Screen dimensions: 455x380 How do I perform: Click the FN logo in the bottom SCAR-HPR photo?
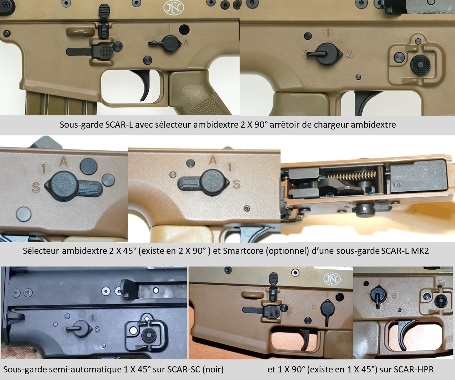[332, 279]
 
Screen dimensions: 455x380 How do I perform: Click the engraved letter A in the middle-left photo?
[63, 162]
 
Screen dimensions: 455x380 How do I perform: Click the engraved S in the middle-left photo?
[36, 188]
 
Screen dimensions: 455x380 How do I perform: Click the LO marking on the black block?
[397, 185]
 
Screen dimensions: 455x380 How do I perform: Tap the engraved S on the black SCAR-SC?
[97, 329]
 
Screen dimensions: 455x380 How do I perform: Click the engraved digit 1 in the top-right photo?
[328, 33]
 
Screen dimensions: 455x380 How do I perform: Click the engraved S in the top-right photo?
[349, 55]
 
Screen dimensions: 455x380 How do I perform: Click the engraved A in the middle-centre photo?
[213, 160]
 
